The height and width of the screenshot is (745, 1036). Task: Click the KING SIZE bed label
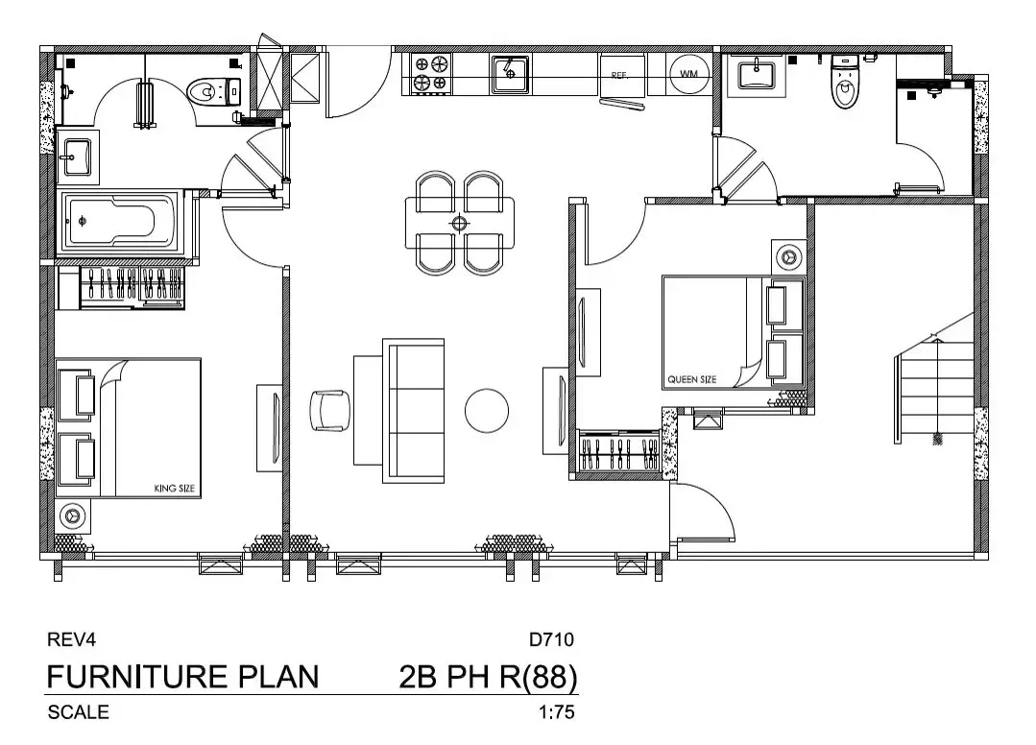click(x=175, y=489)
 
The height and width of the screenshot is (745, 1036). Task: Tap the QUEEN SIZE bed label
click(x=691, y=379)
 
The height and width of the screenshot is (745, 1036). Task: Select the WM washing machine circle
click(x=689, y=73)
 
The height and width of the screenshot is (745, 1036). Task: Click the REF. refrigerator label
click(x=619, y=75)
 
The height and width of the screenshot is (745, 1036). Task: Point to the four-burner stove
click(x=430, y=73)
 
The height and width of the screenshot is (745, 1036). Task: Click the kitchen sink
click(x=510, y=74)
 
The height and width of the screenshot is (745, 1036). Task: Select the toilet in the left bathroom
click(x=214, y=91)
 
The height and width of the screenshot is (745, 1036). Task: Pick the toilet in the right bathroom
click(x=845, y=82)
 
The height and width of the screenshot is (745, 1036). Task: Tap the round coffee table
click(x=487, y=410)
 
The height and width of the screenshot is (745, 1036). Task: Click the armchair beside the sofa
click(x=330, y=410)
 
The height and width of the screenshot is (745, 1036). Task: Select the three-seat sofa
click(x=414, y=411)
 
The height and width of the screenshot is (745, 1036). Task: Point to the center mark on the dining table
click(x=459, y=224)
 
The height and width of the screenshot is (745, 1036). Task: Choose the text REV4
click(x=71, y=639)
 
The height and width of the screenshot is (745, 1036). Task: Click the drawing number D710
click(x=552, y=639)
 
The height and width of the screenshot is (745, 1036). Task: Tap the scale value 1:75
click(x=556, y=712)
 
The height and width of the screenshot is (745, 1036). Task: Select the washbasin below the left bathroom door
click(x=78, y=156)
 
